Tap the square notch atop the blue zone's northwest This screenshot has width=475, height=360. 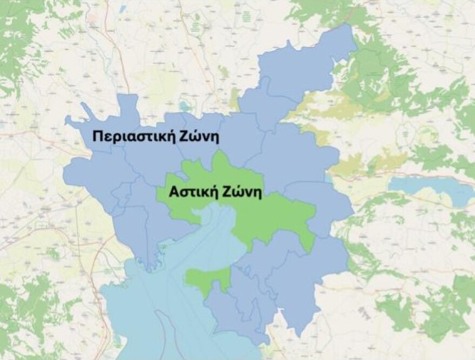coord(128,103)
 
